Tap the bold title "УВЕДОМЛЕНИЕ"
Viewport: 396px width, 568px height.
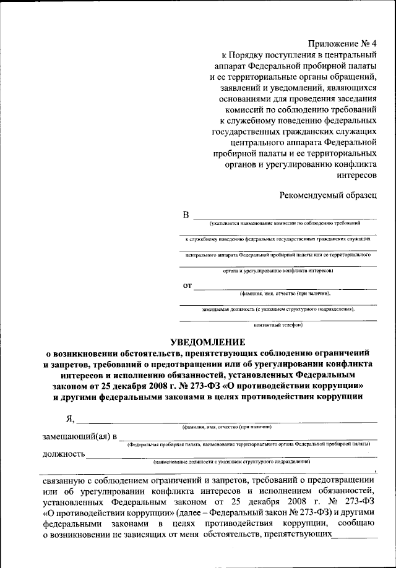207,342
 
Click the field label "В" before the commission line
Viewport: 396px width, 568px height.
186,215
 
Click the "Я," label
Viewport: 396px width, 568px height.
70,420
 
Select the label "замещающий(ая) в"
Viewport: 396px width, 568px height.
79,437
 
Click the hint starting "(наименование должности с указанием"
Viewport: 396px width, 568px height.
232,462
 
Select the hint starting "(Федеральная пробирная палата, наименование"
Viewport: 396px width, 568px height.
248,444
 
